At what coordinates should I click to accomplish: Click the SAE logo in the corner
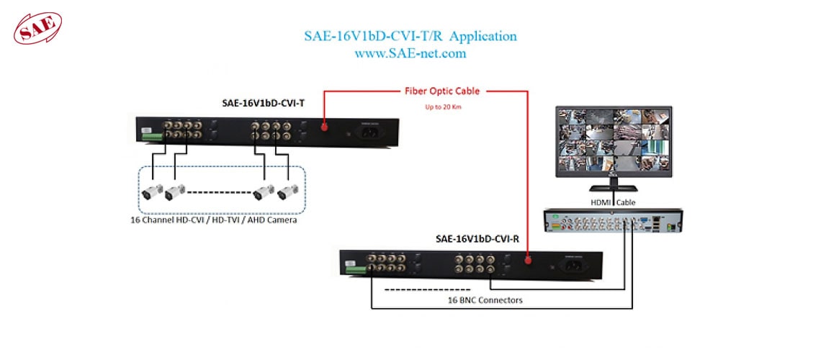[38, 27]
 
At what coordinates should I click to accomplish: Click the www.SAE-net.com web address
[410, 53]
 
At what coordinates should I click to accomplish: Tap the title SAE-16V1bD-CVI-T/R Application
[410, 36]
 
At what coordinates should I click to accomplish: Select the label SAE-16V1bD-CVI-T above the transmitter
[263, 104]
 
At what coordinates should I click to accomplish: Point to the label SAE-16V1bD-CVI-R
[477, 239]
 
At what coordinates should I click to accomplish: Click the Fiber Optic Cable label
[441, 91]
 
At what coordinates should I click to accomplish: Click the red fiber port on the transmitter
[324, 126]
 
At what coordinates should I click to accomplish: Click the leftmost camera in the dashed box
[151, 192]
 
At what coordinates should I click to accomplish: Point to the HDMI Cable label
[613, 202]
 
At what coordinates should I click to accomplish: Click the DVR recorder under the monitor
[612, 222]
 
